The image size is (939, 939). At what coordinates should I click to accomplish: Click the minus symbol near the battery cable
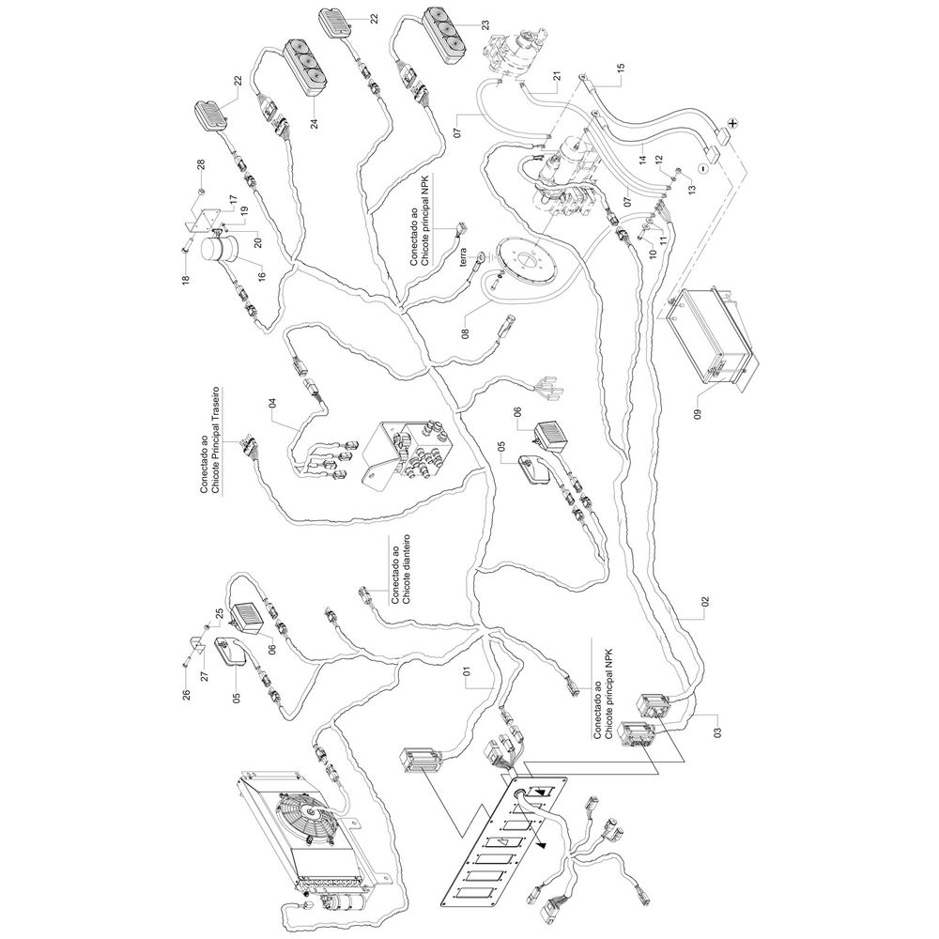point(702,168)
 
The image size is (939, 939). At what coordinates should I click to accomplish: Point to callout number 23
point(485,25)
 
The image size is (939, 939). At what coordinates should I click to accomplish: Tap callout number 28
point(201,163)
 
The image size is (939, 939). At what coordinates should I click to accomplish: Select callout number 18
point(186,279)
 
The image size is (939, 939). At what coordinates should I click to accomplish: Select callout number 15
point(620,69)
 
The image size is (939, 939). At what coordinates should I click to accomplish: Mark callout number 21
point(556,77)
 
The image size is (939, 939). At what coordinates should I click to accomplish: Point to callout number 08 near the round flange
point(466,331)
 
